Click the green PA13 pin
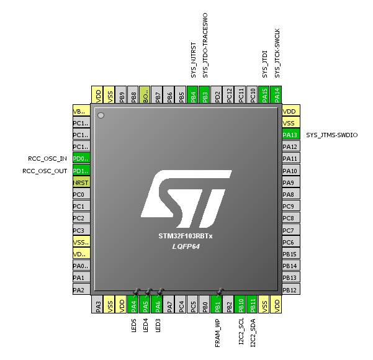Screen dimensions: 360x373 coord(290,135)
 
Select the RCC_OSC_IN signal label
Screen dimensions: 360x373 coord(45,158)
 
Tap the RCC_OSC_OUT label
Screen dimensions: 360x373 coord(45,170)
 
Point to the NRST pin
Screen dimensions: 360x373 coord(81,182)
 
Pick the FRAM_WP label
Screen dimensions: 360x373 coord(217,333)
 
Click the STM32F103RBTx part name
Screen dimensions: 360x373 coord(186,237)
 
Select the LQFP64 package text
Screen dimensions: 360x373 coord(186,246)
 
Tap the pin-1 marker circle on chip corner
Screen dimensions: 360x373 coord(101,115)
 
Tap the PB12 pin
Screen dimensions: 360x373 coord(290,290)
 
